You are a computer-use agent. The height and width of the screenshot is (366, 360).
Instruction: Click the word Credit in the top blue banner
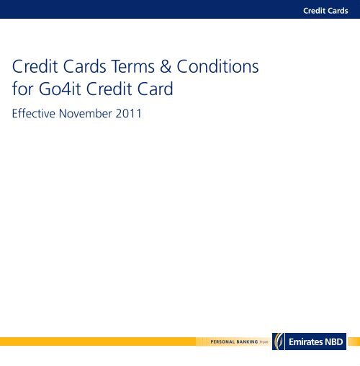tap(314, 11)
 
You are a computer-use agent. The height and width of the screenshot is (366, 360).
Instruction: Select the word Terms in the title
tap(133, 66)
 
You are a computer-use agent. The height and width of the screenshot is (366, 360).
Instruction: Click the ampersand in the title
tap(166, 66)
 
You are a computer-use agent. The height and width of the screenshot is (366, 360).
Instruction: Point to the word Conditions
tap(217, 66)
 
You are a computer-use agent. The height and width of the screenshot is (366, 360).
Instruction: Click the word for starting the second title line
tap(22, 89)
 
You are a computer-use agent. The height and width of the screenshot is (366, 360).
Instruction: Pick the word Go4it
tap(60, 89)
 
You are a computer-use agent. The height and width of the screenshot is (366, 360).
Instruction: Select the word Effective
tap(34, 113)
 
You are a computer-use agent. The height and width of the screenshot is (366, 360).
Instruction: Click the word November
tap(86, 113)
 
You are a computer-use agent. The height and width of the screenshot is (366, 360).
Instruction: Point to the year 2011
tap(128, 113)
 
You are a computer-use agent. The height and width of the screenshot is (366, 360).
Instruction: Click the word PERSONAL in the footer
tap(222, 342)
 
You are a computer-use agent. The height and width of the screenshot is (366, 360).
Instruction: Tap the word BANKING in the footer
tap(247, 342)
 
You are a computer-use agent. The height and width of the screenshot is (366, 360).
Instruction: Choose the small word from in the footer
tap(264, 342)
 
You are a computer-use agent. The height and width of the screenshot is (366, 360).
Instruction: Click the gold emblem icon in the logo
tap(279, 342)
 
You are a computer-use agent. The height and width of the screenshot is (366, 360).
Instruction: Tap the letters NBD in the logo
tap(334, 342)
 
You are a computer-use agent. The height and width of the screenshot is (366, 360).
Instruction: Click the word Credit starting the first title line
tap(35, 66)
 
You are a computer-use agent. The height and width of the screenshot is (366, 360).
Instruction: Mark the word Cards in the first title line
tap(84, 66)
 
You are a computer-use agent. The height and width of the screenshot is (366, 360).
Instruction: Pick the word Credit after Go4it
tap(109, 89)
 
